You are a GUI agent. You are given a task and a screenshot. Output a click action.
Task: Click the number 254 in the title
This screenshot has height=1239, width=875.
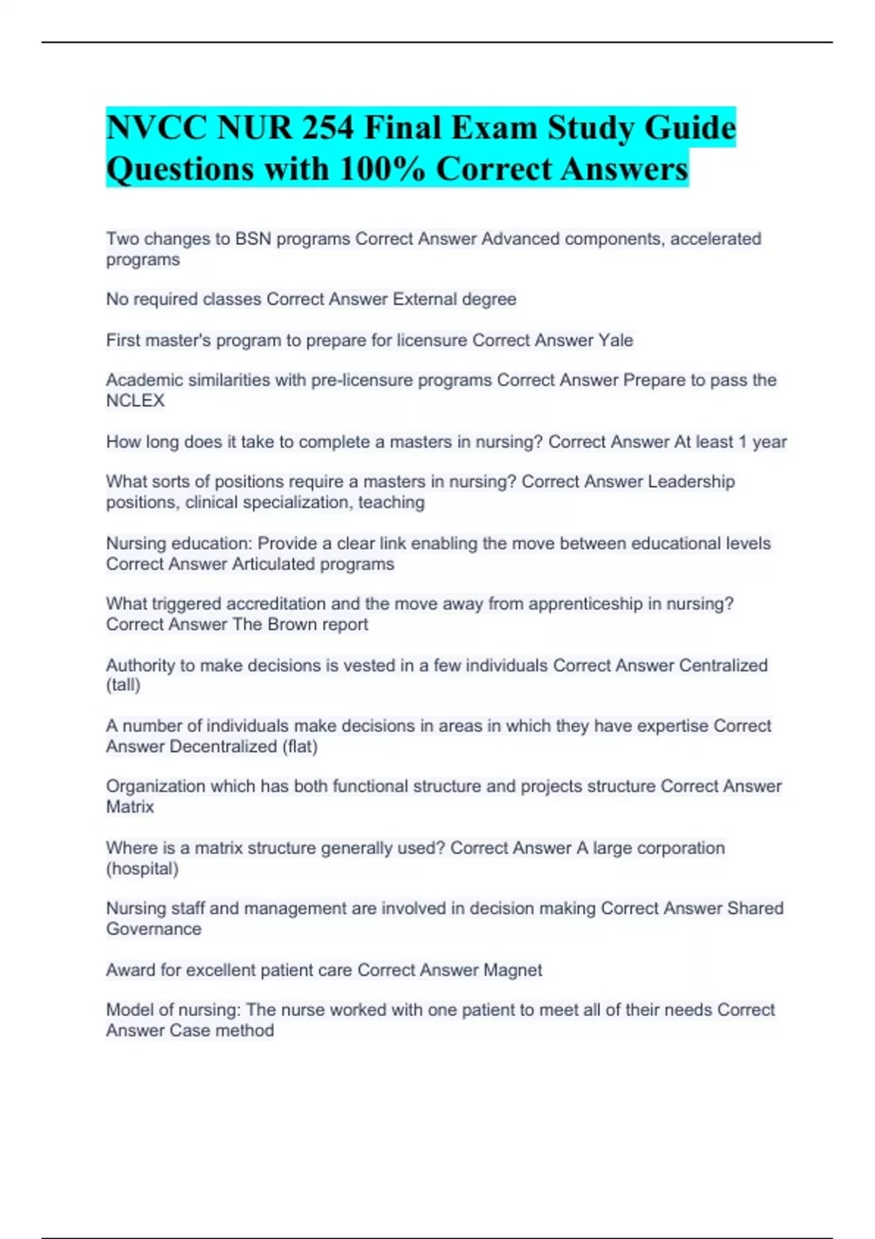(327, 128)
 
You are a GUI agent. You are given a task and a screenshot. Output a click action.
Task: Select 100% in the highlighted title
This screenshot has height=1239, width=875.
(382, 169)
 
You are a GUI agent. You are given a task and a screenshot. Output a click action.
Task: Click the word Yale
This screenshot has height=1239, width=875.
(615, 340)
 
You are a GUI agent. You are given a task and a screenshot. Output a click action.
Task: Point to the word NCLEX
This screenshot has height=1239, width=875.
(135, 401)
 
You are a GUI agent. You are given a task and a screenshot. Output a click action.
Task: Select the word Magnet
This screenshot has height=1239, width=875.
(513, 970)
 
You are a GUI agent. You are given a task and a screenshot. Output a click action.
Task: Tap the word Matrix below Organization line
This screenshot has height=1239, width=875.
(130, 807)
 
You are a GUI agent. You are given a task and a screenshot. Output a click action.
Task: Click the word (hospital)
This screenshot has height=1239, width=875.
(142, 869)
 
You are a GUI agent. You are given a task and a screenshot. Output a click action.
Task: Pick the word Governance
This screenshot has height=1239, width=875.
(153, 929)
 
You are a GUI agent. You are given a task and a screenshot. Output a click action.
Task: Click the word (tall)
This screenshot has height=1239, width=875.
(123, 685)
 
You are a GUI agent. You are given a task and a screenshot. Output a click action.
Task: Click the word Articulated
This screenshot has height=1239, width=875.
(278, 564)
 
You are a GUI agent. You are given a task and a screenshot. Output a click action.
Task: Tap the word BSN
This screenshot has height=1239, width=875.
(253, 239)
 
